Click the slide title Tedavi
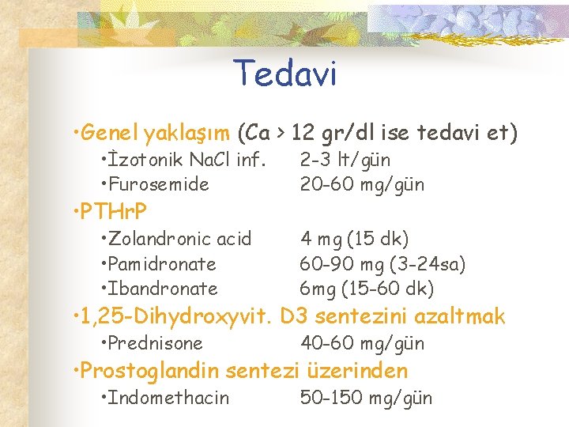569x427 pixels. pyautogui.click(x=285, y=74)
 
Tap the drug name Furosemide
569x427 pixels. pyautogui.click(x=159, y=185)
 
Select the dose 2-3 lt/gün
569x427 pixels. pyautogui.click(x=345, y=160)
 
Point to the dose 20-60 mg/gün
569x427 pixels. pyautogui.click(x=362, y=185)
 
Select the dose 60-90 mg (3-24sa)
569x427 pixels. pyautogui.click(x=382, y=263)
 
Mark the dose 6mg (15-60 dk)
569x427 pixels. pyautogui.click(x=367, y=289)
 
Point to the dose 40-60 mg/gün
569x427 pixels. pyautogui.click(x=362, y=343)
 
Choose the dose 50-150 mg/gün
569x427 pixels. pyautogui.click(x=366, y=398)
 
